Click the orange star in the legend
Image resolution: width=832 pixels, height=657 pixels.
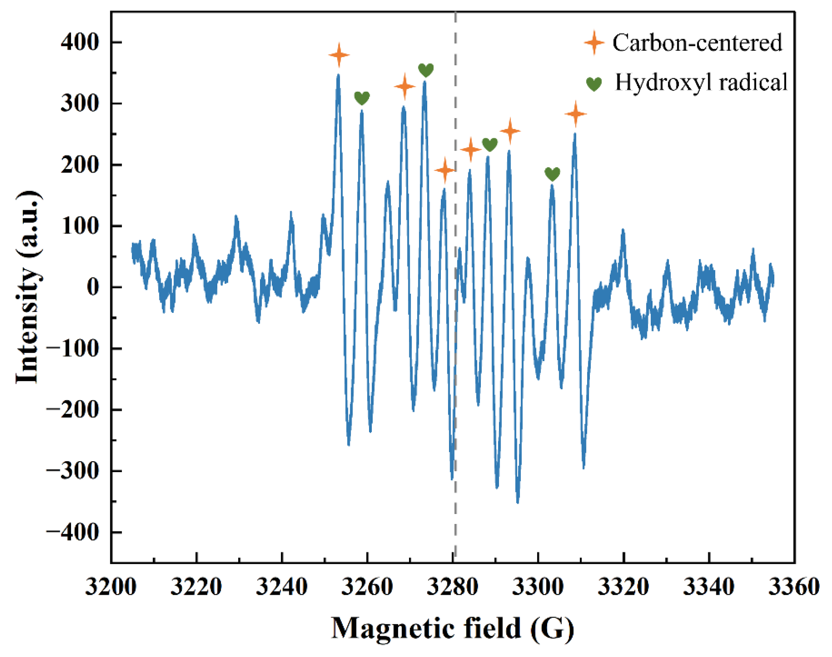[594, 43]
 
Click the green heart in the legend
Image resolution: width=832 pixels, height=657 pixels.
[594, 84]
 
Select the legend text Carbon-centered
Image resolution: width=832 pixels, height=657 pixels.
[697, 43]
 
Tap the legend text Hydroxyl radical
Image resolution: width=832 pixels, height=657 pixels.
[701, 82]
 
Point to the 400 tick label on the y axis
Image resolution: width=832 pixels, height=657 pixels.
[80, 42]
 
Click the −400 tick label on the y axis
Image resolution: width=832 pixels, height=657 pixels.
[73, 532]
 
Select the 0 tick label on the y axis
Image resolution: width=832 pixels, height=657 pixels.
[93, 287]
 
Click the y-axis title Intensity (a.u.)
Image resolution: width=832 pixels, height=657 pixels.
[28, 287]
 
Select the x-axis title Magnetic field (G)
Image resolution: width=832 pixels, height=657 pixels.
[452, 629]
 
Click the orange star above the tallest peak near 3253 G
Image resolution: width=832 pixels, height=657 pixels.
[339, 55]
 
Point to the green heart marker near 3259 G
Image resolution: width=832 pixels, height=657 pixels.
[362, 98]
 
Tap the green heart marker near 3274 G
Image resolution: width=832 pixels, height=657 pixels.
[426, 70]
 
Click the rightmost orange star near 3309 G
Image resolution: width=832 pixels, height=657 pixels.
[575, 113]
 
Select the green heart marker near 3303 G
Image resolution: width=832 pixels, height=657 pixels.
[552, 174]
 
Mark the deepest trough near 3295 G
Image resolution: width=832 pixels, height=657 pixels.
[518, 501]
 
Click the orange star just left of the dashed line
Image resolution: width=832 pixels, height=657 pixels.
[445, 170]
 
